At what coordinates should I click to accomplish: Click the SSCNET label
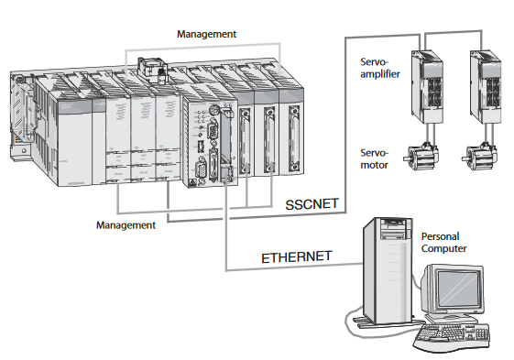coord(312,204)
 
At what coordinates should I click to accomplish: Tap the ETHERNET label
coord(296,256)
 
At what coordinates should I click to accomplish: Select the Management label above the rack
coord(206,34)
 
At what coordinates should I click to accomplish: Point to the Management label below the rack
coord(126,225)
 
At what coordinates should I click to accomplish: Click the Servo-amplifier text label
coord(380,68)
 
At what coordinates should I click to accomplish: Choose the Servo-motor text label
coord(375,159)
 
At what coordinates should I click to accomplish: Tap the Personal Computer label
coord(443,243)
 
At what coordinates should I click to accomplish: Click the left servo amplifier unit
coord(427,86)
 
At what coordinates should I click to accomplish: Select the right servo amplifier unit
coord(486,86)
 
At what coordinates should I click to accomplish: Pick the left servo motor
coord(421,157)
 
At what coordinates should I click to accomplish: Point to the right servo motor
coord(479,157)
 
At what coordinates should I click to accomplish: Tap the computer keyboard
coord(452,337)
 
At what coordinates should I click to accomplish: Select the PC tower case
coord(387,271)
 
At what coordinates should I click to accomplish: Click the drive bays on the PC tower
coord(395,229)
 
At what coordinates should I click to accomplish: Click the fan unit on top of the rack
coord(151,70)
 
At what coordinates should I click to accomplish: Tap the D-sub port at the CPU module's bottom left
coord(201,169)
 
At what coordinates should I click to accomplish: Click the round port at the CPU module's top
coord(214,108)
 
